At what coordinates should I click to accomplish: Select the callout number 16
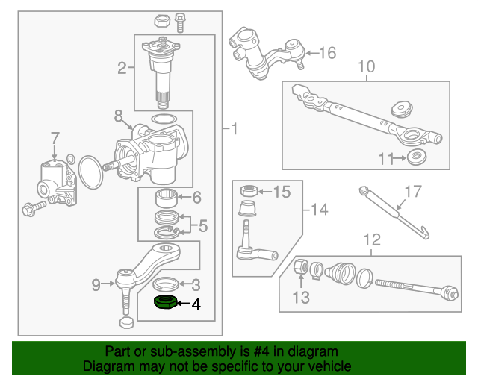click(x=328, y=53)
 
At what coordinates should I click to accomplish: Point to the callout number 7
click(x=54, y=138)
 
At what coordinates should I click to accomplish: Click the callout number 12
click(x=371, y=239)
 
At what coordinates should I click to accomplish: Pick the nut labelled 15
click(x=247, y=192)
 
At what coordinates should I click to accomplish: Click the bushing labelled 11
click(x=415, y=157)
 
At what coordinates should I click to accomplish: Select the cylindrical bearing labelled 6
click(x=165, y=198)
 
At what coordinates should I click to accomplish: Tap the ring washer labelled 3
click(x=167, y=284)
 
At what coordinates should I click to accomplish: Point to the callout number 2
click(x=122, y=69)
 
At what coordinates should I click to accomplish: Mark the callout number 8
click(x=118, y=116)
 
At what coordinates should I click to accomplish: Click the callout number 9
click(x=96, y=284)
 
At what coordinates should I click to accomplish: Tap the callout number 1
click(x=234, y=130)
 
